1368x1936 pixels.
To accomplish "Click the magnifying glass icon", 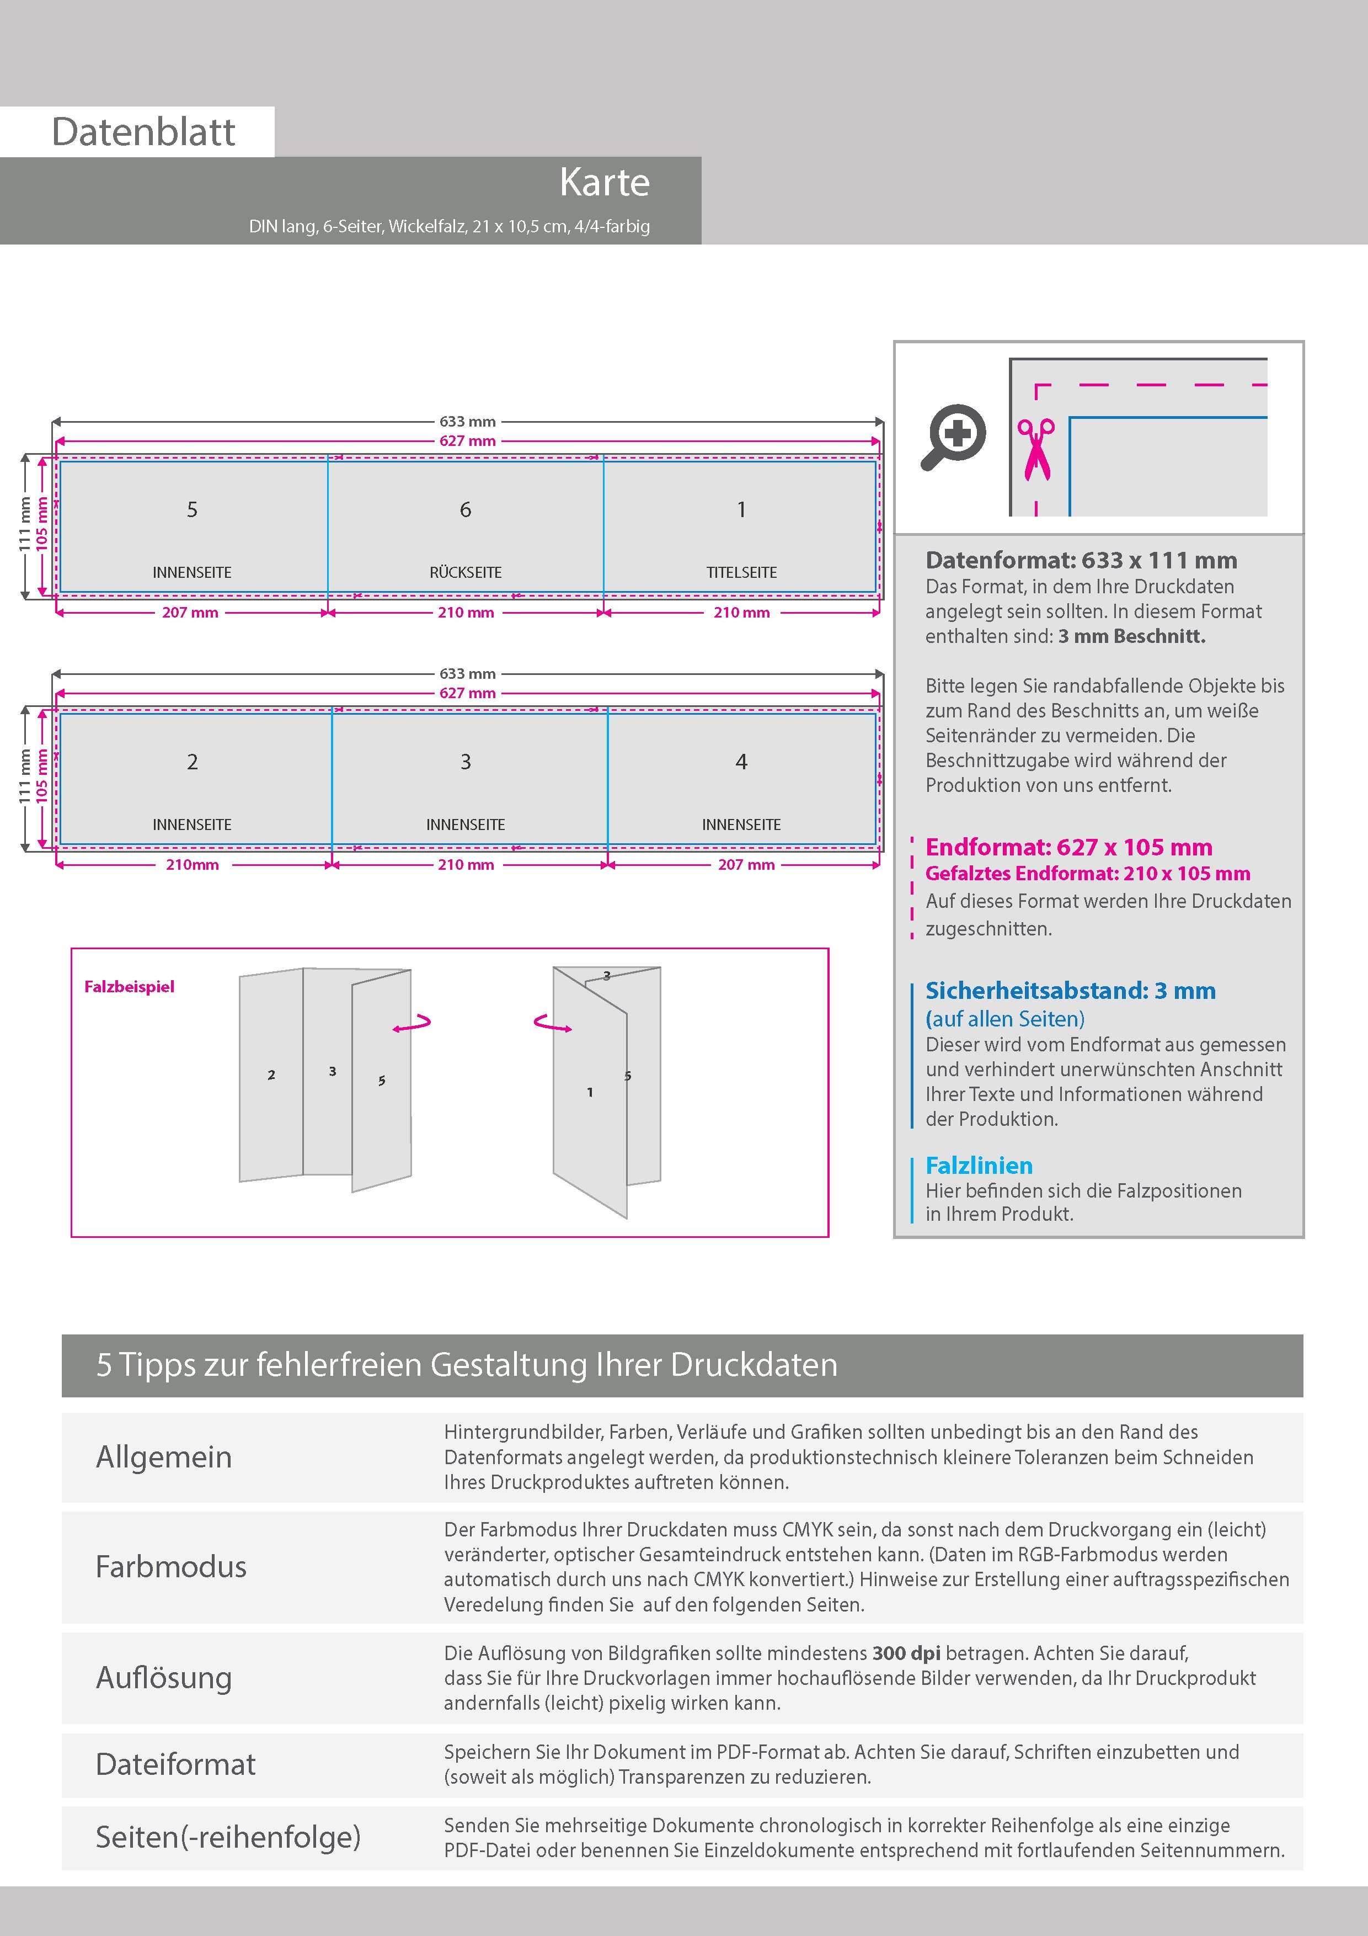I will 953,437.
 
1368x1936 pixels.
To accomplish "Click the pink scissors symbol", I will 1036,449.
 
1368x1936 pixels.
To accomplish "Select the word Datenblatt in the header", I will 143,132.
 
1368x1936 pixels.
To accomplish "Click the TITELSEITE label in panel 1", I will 741,572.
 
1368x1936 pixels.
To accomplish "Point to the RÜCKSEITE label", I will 465,572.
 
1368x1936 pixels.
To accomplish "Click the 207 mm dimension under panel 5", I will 190,613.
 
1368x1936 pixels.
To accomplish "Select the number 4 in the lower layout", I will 741,762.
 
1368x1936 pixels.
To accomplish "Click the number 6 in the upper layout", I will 465,510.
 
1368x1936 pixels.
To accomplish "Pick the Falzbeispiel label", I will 129,987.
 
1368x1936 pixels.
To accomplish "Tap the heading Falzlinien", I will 979,1166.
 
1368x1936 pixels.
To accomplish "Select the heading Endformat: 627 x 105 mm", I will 1069,848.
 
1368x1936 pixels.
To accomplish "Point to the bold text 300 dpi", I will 906,1653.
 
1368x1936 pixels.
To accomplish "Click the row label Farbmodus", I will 171,1567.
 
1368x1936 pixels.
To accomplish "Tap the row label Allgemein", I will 163,1457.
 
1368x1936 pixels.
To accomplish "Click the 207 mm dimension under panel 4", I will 746,865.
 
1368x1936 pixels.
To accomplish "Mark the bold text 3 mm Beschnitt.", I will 1131,637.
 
